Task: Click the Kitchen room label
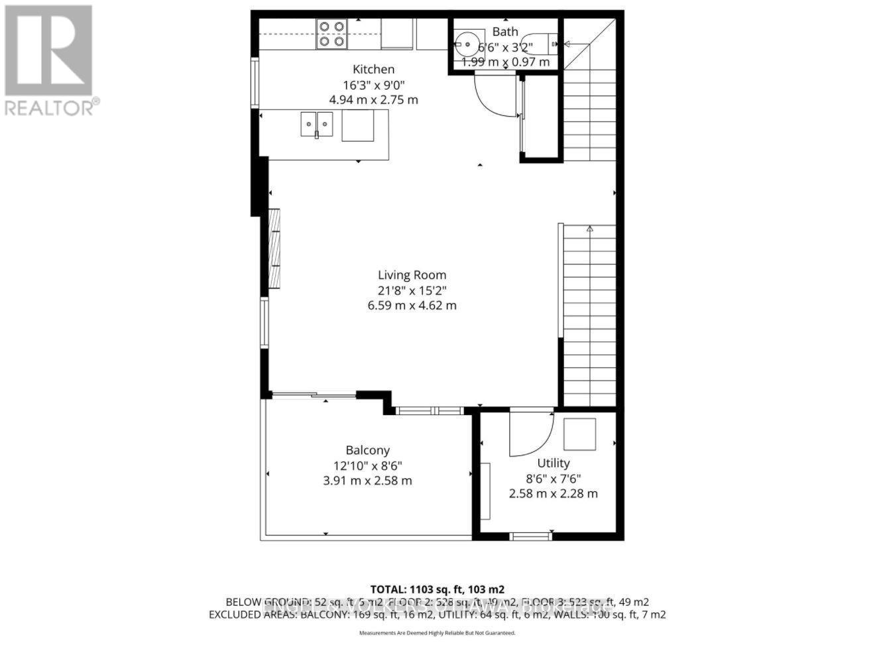pos(373,69)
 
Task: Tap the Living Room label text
pos(412,274)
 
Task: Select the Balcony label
pos(367,449)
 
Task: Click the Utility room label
pos(553,463)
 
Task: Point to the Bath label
pos(505,32)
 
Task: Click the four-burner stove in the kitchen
pos(331,34)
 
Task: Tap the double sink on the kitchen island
pos(317,124)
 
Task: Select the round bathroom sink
pos(469,45)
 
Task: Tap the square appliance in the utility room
pos(579,434)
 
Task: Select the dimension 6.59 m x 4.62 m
pos(412,306)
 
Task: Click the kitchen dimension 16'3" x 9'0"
pos(373,84)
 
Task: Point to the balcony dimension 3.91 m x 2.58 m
pos(367,480)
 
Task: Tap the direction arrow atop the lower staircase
pos(589,229)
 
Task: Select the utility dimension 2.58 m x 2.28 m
pos(553,493)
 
